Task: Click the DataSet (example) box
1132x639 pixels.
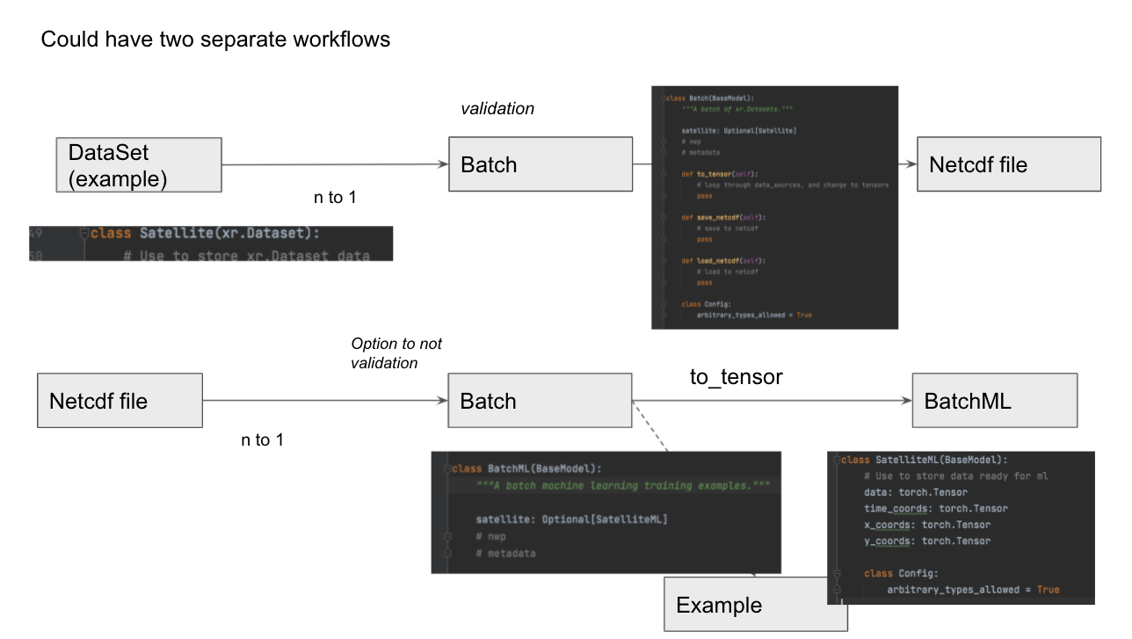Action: tap(139, 164)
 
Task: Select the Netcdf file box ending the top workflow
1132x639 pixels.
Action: tap(1008, 164)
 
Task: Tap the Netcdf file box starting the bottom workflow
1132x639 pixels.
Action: tap(120, 401)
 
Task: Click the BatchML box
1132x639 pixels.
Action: tap(994, 401)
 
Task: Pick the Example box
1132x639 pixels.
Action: tap(755, 605)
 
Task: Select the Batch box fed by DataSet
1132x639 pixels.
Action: tap(540, 164)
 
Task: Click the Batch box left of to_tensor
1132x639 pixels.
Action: tap(540, 401)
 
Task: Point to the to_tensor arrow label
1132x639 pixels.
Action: tap(736, 376)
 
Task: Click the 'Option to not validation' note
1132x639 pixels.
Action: tap(396, 353)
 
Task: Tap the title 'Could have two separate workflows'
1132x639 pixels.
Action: tap(215, 40)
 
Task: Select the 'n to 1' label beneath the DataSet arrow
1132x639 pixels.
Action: tap(335, 198)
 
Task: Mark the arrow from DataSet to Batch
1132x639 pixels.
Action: tap(334, 164)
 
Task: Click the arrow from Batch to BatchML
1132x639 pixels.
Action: tap(772, 401)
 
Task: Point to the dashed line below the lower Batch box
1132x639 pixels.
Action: tap(650, 427)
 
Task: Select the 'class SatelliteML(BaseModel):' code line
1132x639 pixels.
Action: tap(924, 460)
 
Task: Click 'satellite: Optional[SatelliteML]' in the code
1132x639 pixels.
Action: tap(571, 519)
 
